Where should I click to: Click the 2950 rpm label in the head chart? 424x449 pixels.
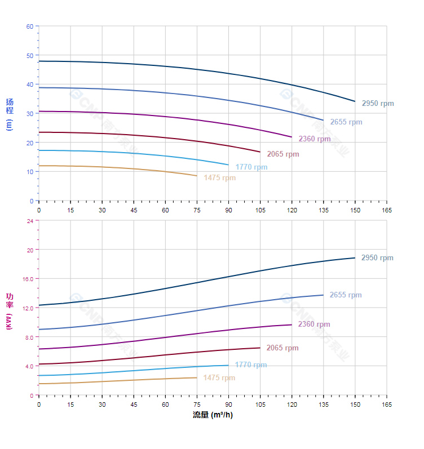378,104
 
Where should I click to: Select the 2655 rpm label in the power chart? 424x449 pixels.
346,295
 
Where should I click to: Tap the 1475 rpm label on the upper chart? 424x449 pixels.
220,178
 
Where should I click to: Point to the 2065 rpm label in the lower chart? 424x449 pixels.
282,348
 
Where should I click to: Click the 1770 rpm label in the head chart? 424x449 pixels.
251,167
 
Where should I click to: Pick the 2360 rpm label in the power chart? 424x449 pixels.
314,324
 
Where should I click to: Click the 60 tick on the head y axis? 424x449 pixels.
30,26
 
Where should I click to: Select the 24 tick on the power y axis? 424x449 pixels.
30,221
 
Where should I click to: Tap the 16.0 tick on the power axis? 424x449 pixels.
28,279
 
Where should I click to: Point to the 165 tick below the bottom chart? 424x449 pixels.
387,405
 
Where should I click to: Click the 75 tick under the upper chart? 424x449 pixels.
197,210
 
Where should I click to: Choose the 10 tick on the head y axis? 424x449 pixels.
30,172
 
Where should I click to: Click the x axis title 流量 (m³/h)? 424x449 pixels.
213,415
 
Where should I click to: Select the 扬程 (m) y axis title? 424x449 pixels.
9,114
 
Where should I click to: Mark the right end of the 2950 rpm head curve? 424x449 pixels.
355,101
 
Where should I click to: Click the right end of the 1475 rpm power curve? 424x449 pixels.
197,377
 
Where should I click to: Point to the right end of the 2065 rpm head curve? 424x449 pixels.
260,152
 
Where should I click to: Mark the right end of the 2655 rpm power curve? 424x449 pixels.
323,295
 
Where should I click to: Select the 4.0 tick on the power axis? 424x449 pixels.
29,366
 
